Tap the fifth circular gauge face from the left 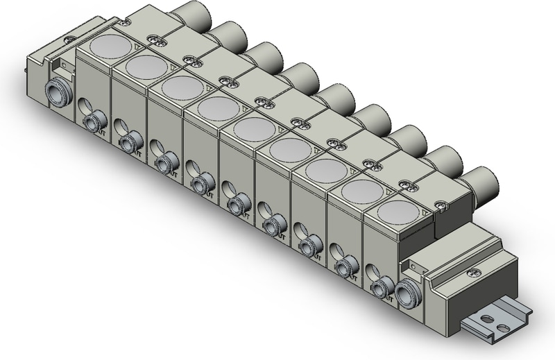point(252,129)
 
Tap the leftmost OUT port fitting point(91,123)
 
